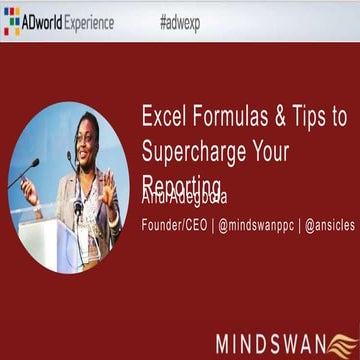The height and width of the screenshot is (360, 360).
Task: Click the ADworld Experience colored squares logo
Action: click(12, 22)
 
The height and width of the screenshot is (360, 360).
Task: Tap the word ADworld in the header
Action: click(45, 22)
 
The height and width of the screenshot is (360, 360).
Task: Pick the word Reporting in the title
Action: click(182, 186)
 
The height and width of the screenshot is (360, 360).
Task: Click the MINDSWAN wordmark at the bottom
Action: click(270, 345)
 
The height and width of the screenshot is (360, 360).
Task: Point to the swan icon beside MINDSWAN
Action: click(342, 345)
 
